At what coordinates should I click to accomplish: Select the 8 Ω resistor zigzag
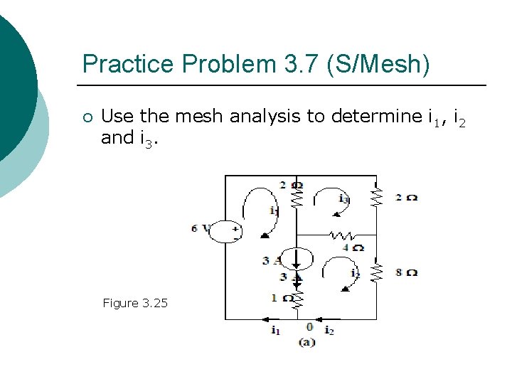pos(377,272)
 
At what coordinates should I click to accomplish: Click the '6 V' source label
pos(200,228)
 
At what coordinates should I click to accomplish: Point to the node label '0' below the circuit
pos(309,327)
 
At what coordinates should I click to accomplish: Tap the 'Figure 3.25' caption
pos(135,303)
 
